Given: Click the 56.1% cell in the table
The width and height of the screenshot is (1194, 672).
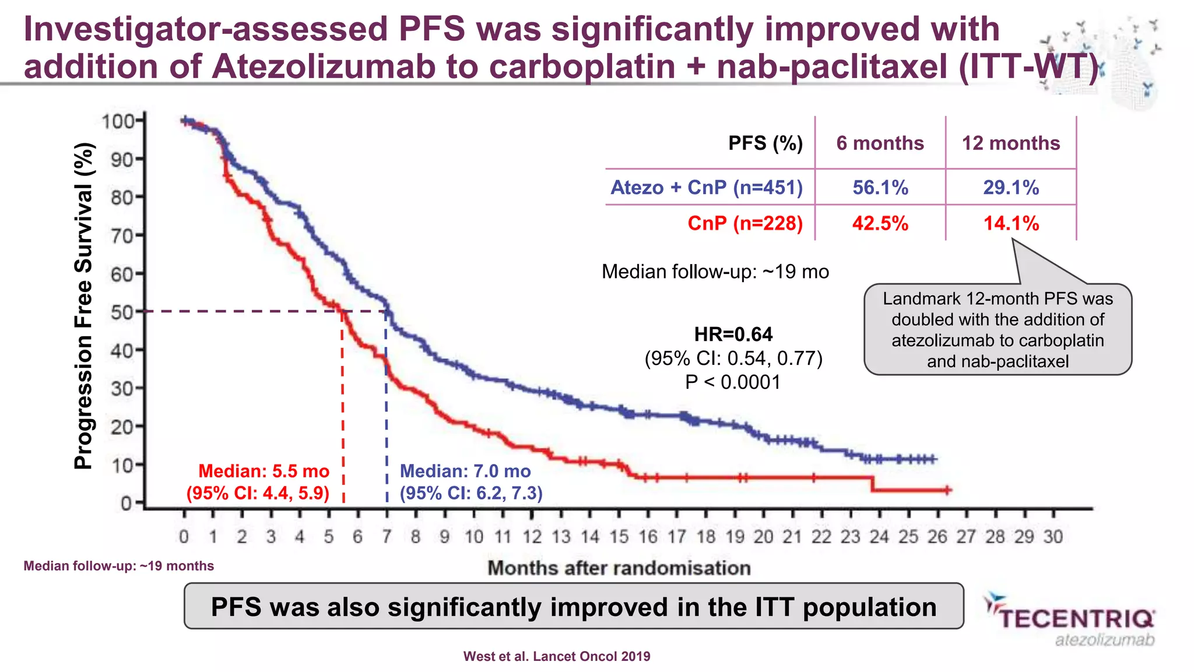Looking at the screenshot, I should (880, 188).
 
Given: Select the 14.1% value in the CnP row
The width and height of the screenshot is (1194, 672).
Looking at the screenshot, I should (1011, 223).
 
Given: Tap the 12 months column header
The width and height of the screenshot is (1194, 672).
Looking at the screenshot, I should (1010, 143).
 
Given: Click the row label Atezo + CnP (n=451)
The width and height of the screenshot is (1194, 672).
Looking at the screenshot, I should (707, 188).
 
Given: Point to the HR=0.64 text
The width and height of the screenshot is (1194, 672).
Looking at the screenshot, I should (733, 335).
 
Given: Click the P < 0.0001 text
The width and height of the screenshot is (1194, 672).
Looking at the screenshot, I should (733, 382).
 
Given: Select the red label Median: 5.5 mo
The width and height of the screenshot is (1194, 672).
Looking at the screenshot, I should (264, 471).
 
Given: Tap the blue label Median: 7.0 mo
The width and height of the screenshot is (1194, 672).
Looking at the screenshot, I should (465, 471).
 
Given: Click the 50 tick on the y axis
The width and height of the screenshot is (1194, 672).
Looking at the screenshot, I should (122, 312).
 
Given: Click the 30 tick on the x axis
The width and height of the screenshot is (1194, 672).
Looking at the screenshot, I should (1053, 536).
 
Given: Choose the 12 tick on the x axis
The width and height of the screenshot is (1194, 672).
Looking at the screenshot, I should (532, 536).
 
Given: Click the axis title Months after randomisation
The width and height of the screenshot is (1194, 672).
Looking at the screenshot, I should (619, 568).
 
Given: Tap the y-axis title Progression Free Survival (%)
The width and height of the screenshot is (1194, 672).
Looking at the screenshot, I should (84, 306).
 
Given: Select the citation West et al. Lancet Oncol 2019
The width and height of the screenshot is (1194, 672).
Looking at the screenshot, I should (556, 657).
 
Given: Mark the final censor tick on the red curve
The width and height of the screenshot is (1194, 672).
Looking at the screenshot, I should (947, 490).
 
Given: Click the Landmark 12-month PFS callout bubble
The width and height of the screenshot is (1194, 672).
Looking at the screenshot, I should (998, 330).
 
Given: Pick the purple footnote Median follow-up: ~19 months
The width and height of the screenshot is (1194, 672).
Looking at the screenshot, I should (118, 566).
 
